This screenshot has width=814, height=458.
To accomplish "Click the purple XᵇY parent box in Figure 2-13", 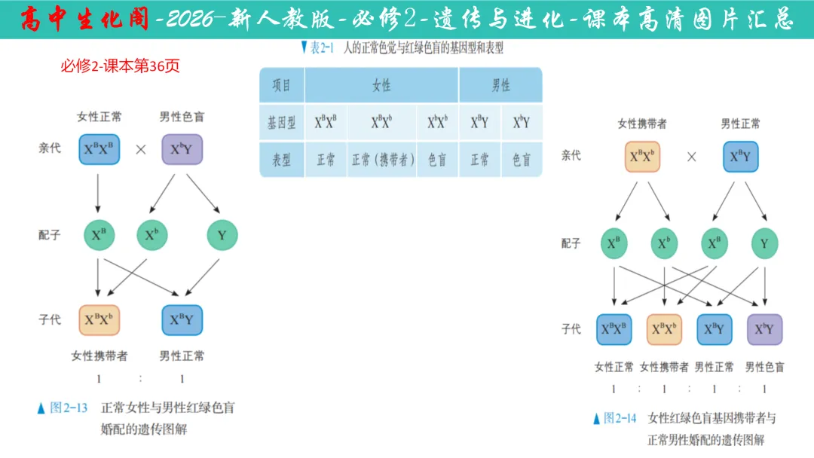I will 182,149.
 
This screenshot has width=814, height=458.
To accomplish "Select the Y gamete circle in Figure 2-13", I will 222,236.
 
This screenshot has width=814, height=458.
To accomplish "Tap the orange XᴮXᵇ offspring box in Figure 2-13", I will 99,320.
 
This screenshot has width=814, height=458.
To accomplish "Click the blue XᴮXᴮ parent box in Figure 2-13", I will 99,149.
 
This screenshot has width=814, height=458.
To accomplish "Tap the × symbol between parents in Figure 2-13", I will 141,149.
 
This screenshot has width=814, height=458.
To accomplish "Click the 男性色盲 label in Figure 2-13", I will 182,117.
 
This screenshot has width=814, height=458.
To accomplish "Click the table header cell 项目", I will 282,85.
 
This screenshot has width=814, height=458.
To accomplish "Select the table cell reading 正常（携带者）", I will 382,160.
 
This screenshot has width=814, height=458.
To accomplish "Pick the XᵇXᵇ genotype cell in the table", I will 437,122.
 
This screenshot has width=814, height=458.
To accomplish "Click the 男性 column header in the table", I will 500,85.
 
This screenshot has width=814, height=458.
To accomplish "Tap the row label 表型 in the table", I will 282,160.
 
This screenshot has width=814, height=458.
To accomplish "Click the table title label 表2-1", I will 322,48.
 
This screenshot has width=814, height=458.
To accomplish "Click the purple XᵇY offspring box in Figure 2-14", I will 764,329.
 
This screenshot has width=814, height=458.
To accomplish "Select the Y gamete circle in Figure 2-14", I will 764,243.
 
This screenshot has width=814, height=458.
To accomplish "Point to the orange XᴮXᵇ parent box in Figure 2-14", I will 642,157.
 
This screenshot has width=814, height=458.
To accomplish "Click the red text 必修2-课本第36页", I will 121,66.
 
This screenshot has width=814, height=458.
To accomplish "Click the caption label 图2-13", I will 69,408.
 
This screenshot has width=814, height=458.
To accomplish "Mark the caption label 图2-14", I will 620,418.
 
